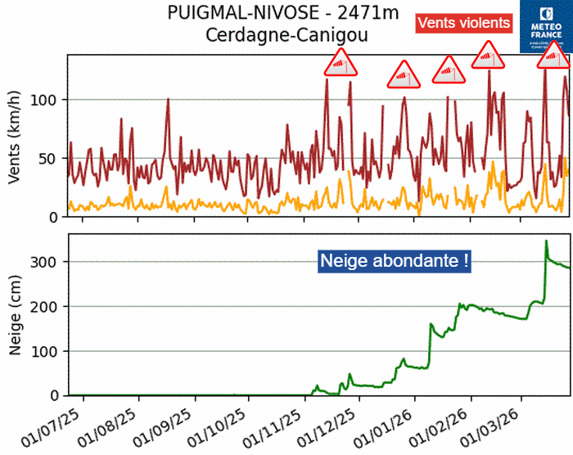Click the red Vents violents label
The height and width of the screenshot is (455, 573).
pyautogui.click(x=464, y=23)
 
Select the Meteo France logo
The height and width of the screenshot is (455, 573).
pyautogui.click(x=546, y=26)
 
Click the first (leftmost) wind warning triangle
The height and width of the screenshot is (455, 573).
pyautogui.click(x=340, y=64)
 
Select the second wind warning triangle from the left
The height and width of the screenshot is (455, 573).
pyautogui.click(x=404, y=75)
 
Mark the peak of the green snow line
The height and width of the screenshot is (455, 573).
pyautogui.click(x=546, y=241)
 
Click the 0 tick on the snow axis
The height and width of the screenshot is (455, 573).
pyautogui.click(x=54, y=396)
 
